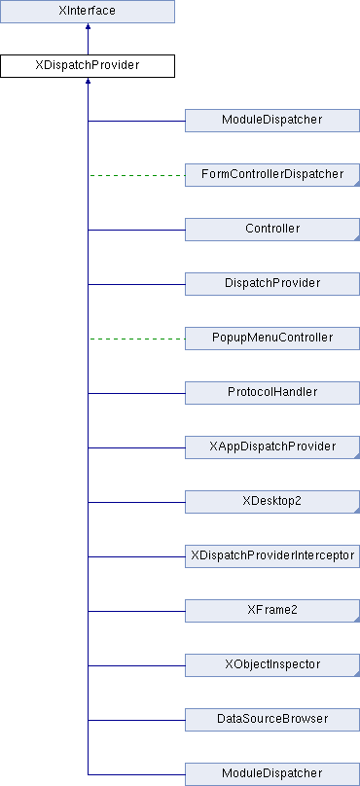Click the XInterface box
point(88,12)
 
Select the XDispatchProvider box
point(88,66)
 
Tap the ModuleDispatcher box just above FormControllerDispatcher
point(271,121)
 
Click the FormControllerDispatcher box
point(271,175)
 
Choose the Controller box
point(271,230)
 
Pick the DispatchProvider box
point(271,284)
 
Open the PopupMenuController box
point(271,339)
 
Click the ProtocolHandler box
point(271,393)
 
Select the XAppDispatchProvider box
point(271,447)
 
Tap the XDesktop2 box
point(271,502)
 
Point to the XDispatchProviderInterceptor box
point(271,556)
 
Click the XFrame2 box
point(271,611)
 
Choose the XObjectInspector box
point(271,665)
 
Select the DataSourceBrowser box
point(271,720)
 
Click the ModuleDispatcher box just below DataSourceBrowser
point(271,773)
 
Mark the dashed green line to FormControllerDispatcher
point(136,176)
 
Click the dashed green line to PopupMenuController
point(136,339)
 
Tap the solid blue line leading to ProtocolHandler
point(136,394)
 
